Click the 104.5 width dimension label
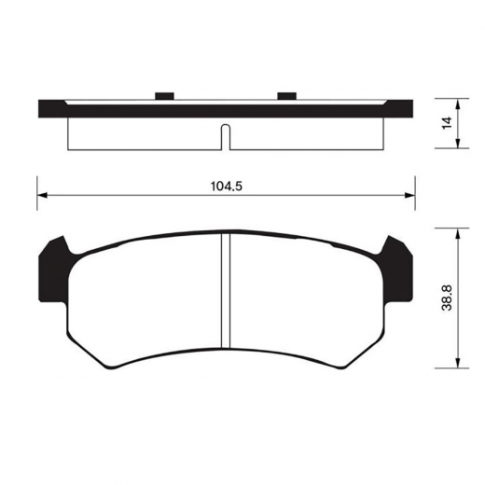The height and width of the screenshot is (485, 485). pyautogui.click(x=227, y=185)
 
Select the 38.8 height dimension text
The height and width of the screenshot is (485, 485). pyautogui.click(x=448, y=300)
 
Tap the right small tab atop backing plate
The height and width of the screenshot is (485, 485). pyautogui.click(x=286, y=95)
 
